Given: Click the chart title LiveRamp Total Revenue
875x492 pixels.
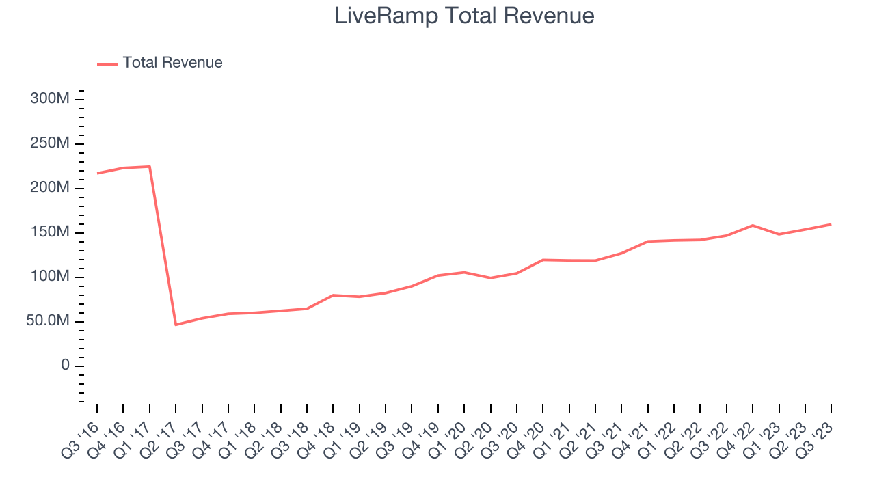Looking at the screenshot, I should pos(464,16).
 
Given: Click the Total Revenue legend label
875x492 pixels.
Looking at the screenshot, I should pos(172,63).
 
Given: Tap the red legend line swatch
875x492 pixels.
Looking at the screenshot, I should pos(107,64).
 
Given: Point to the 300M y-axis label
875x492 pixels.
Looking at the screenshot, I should pos(49,99).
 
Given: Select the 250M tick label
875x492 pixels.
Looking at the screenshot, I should pos(49,143).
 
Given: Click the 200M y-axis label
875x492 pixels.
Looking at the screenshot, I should pos(49,188).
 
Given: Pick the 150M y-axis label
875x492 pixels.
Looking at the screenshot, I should pos(49,232).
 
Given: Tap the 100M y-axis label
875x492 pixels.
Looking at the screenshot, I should pos(49,277).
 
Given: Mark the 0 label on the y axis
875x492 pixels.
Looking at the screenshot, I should pos(64,366).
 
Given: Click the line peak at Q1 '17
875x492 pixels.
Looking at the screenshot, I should pos(149,167).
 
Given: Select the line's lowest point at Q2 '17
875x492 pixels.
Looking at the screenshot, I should pos(176,325).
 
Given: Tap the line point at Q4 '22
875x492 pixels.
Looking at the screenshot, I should pos(753,225).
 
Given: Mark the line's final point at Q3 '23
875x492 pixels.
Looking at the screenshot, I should pos(831,224).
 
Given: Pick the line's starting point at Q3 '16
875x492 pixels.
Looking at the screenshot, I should pos(97,174).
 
